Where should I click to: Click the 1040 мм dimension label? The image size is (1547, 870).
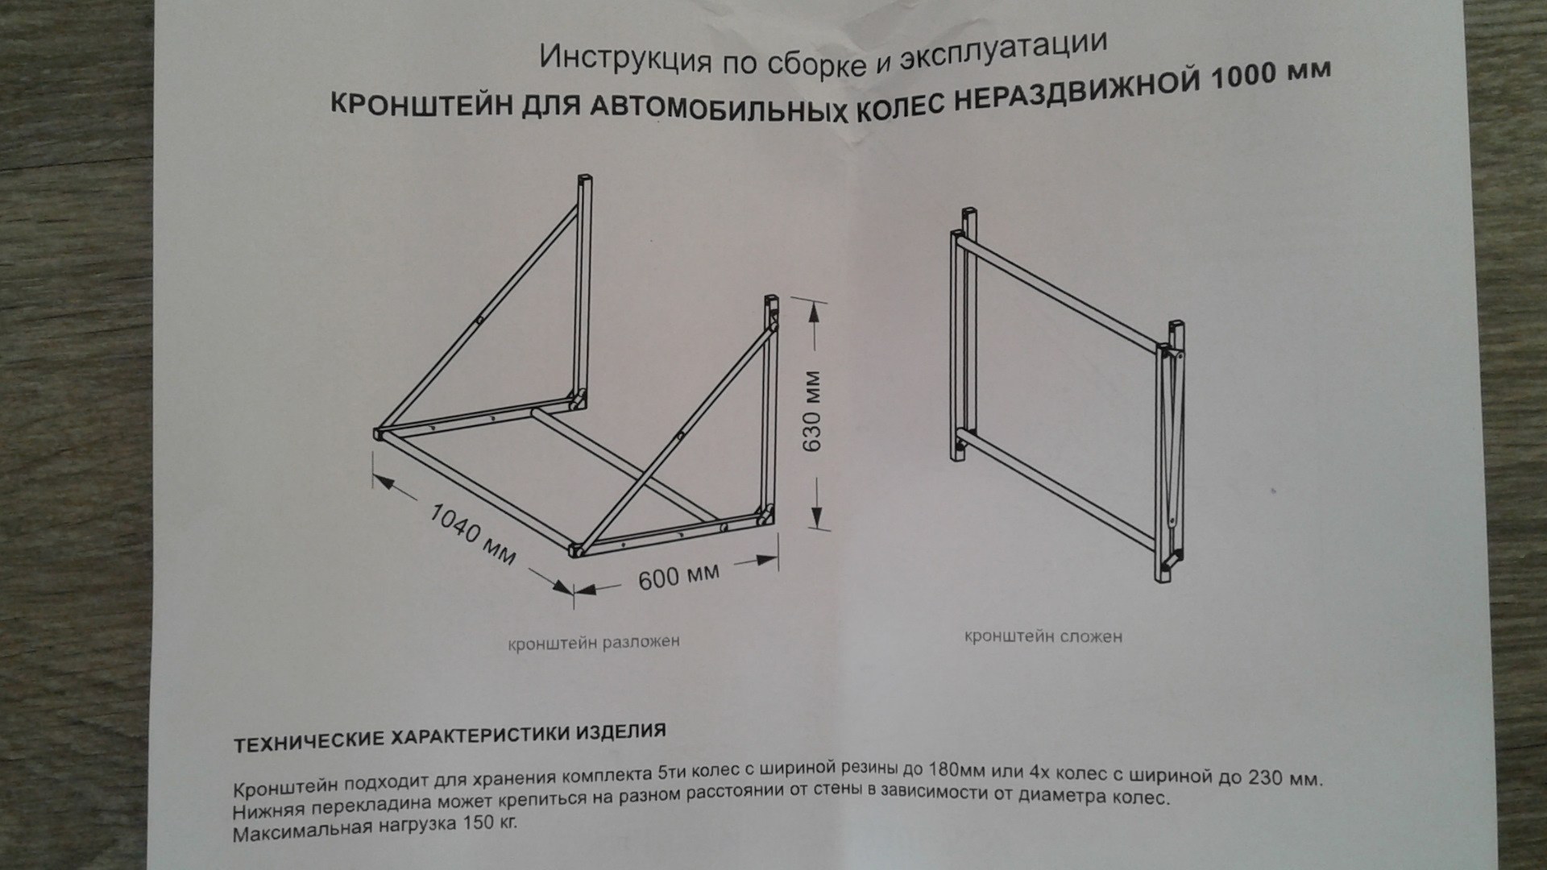click(472, 534)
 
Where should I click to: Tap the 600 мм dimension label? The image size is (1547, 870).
click(678, 575)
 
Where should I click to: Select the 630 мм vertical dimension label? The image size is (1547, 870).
click(812, 411)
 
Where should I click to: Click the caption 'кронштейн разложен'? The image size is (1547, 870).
click(594, 643)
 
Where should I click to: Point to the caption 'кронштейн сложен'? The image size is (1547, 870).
click(1043, 636)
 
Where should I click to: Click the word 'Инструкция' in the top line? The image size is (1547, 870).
click(625, 57)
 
